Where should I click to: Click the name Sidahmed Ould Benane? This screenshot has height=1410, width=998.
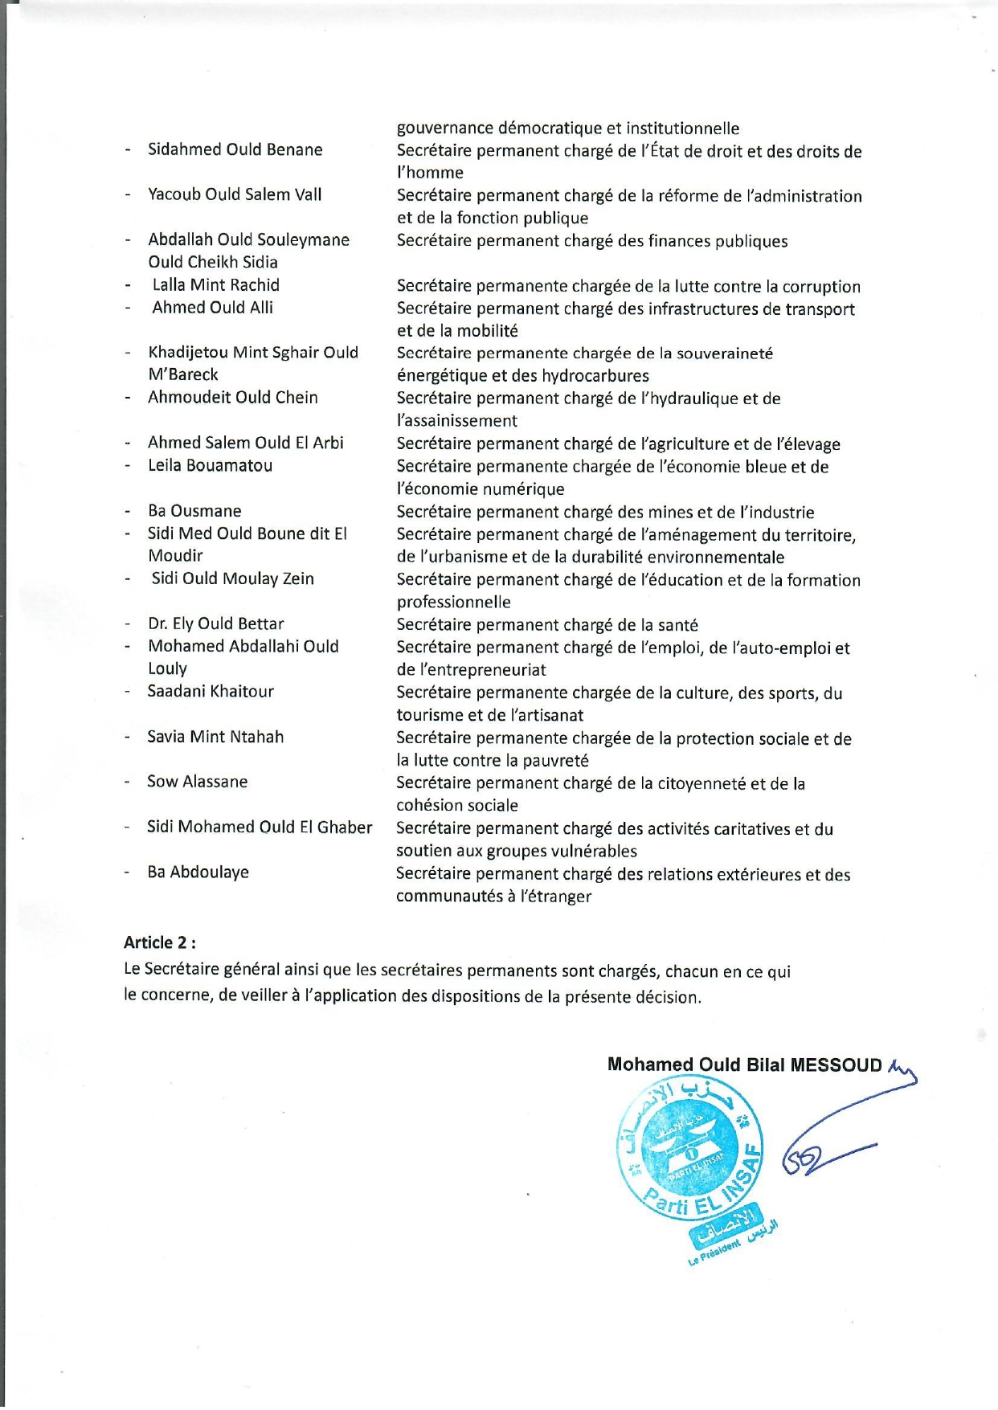pos(235,149)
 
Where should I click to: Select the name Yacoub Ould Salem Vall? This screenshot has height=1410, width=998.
pos(235,194)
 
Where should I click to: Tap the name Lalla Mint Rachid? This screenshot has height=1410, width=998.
pos(215,284)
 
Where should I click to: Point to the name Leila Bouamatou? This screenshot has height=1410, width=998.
pos(210,465)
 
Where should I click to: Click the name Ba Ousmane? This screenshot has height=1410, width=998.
pos(194,511)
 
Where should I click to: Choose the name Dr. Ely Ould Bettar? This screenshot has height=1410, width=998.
pos(215,623)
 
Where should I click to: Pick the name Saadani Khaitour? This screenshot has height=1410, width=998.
pos(211,691)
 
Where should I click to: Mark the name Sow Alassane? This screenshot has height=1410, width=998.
pos(197,782)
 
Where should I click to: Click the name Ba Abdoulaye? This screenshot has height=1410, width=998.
pos(198,872)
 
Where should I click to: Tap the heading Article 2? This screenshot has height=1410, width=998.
pos(159,942)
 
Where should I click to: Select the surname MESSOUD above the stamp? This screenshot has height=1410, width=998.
pos(836,1065)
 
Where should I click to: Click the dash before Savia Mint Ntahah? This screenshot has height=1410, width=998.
pos(127,738)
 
